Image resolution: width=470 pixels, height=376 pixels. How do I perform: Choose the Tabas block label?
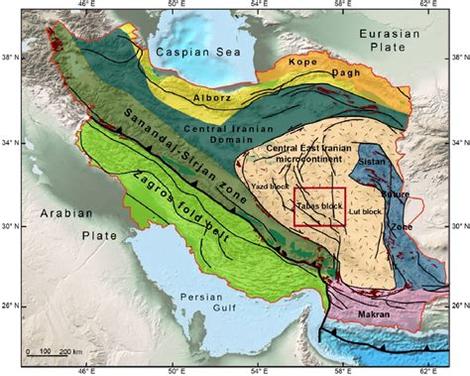point(319,205)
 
